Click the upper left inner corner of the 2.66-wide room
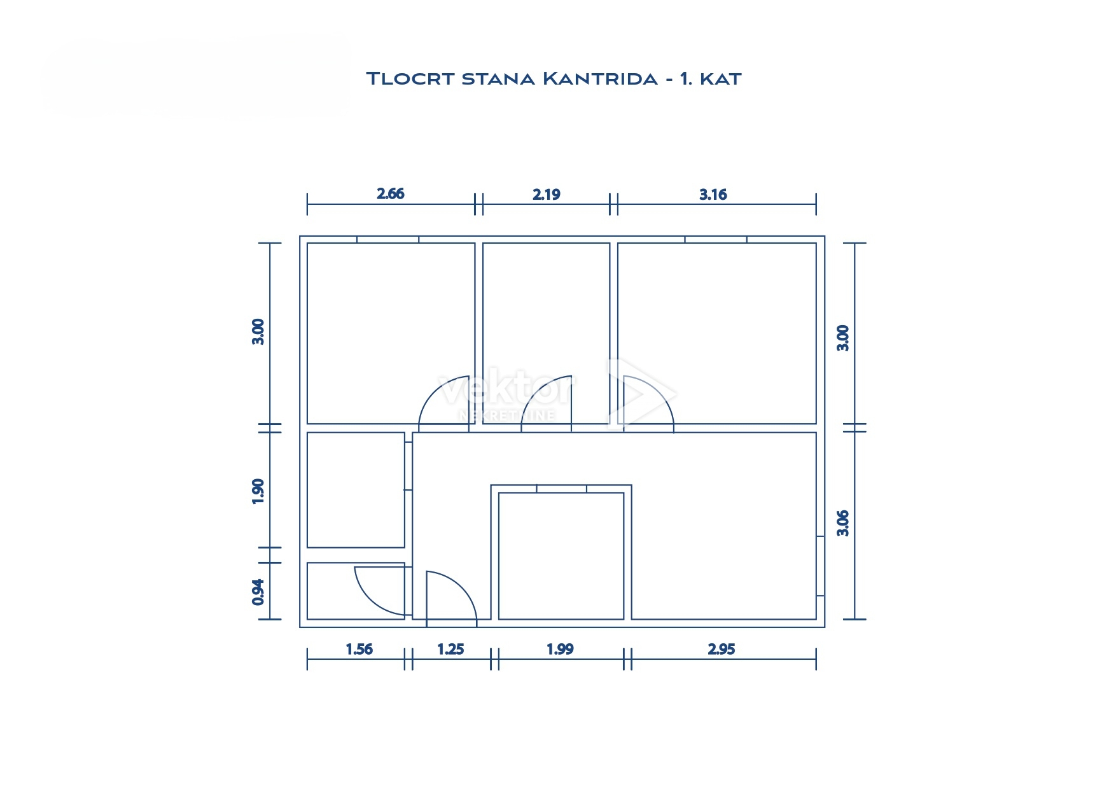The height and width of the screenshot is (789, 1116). pyautogui.click(x=308, y=244)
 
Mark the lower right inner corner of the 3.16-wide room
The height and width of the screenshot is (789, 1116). pyautogui.click(x=816, y=423)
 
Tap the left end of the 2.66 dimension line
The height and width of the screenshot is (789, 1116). pyautogui.click(x=307, y=204)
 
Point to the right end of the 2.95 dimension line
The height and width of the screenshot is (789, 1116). pyautogui.click(x=816, y=659)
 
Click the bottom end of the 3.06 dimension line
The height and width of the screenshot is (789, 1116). pyautogui.click(x=854, y=618)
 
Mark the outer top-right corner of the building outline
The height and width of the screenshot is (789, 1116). pyautogui.click(x=825, y=236)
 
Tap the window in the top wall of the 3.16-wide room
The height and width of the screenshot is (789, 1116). pyautogui.click(x=716, y=239)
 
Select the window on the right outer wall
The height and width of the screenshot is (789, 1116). pyautogui.click(x=820, y=566)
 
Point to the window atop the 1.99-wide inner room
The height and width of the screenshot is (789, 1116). pyautogui.click(x=561, y=489)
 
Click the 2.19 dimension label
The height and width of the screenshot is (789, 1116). pyautogui.click(x=547, y=194)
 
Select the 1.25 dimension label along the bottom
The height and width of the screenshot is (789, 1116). pyautogui.click(x=450, y=649)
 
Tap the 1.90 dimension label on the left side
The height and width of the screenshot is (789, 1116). pyautogui.click(x=258, y=491)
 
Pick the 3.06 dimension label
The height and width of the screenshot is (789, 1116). pyautogui.click(x=843, y=523)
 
